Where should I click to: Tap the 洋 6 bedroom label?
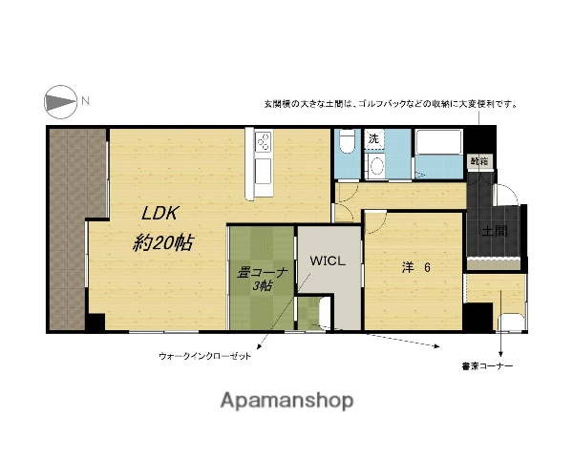[415, 268]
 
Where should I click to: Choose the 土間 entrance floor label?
[493, 231]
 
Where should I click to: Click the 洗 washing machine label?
[373, 139]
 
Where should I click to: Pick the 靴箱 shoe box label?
[477, 162]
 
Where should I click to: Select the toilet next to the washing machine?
[346, 143]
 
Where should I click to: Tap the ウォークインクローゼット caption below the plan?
[204, 355]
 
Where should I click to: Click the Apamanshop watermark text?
[286, 400]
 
